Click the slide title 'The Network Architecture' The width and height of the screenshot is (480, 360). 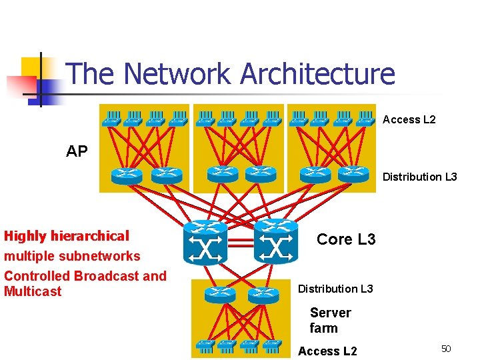231,73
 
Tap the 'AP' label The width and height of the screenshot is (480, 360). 77,151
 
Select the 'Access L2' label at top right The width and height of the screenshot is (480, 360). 409,119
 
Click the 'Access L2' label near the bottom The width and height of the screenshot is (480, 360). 327,351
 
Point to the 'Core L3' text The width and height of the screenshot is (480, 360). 346,239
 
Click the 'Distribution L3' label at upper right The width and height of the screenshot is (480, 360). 419,177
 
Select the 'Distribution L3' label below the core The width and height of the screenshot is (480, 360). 335,289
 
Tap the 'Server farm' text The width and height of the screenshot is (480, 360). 330,320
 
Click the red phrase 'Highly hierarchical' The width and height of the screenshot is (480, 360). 67,236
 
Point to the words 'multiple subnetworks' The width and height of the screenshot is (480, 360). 72,256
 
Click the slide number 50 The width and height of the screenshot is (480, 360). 446,349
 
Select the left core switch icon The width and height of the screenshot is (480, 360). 205,241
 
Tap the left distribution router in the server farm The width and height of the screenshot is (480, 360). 219,294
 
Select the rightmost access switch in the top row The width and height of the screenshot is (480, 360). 365,119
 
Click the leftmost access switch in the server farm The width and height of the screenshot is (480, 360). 206,346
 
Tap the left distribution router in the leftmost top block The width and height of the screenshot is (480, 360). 127,175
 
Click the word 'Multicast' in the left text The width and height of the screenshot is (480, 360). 33,291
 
